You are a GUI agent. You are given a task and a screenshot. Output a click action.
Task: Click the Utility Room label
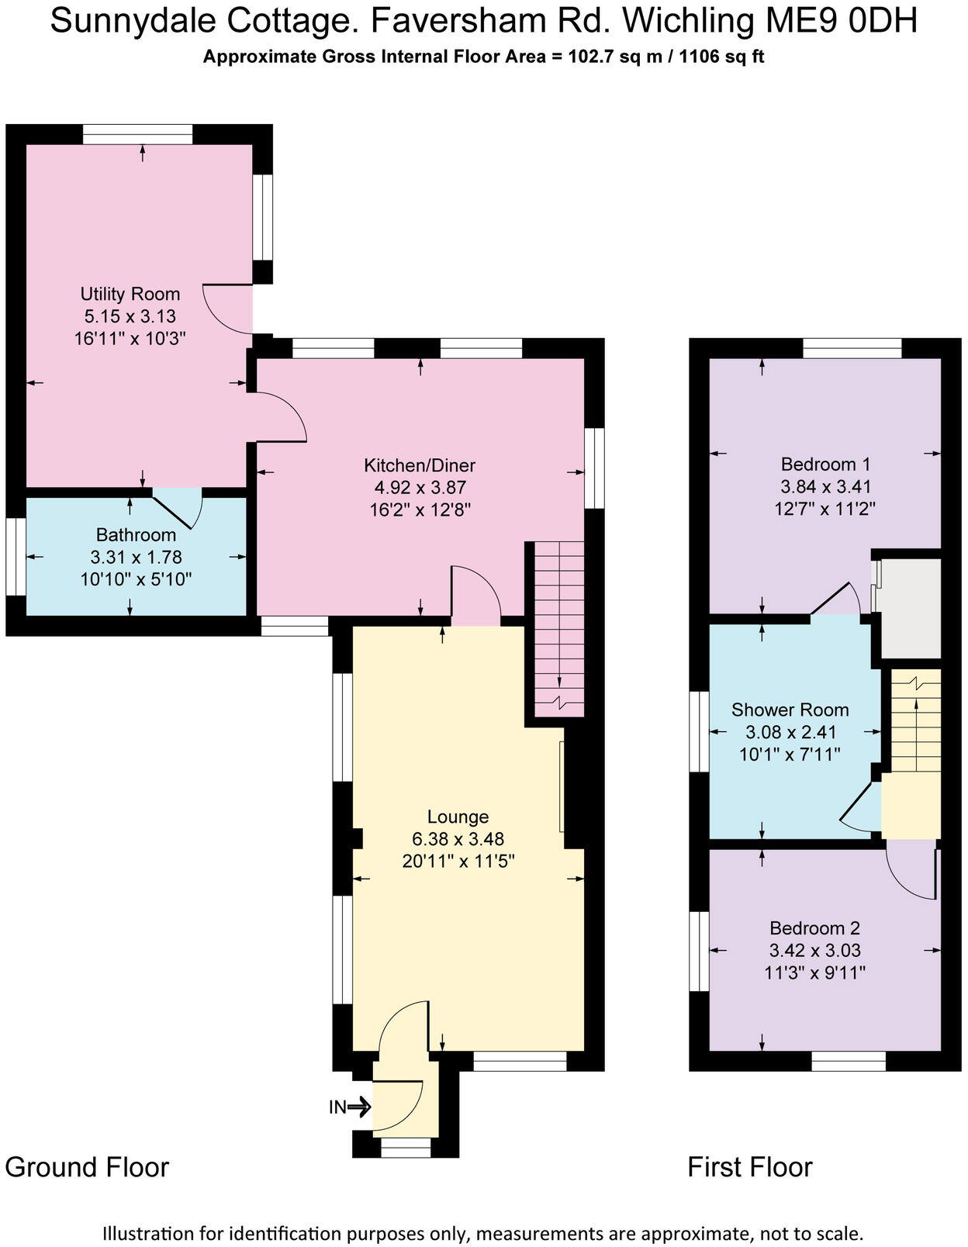[x=130, y=294]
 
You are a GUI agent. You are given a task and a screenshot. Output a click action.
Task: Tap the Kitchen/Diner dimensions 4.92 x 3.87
[x=420, y=488]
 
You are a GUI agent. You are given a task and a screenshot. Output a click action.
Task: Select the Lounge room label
[x=458, y=817]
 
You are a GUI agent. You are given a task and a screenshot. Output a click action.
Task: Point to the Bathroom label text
[x=136, y=535]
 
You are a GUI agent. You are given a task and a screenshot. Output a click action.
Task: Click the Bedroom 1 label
[x=825, y=465]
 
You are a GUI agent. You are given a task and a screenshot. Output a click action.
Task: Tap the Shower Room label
[x=790, y=710]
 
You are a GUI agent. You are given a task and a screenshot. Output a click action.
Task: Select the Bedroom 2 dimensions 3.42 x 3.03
[x=814, y=950]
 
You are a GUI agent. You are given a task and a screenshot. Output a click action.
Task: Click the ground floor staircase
[x=559, y=628]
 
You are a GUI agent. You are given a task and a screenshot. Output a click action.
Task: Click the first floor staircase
[x=915, y=721]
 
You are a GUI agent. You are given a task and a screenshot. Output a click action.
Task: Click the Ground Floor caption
[x=87, y=1167]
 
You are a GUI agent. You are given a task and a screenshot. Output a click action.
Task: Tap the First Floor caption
[x=749, y=1167]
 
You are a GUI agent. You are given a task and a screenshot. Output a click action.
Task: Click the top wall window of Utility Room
[x=138, y=134]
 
